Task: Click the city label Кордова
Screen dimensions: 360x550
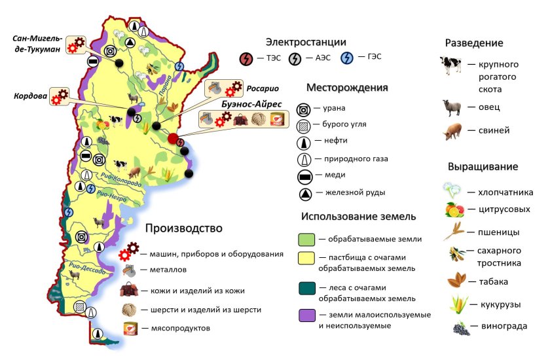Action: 29,96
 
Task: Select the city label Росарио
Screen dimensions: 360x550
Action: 264,87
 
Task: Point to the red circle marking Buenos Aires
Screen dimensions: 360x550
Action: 174,138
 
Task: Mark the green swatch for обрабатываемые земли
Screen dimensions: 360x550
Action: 307,239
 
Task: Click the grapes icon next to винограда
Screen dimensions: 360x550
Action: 460,327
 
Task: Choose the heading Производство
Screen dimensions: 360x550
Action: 184,228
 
